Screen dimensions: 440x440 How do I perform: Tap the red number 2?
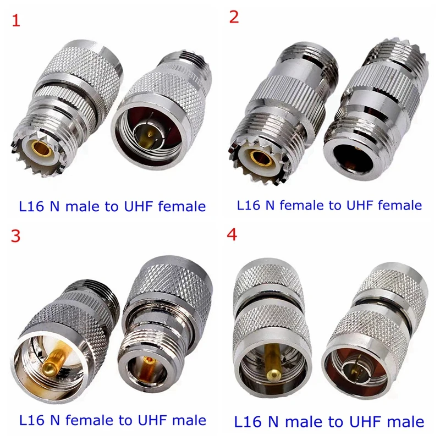[x=234, y=16]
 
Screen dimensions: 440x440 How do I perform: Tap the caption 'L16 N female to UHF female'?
[x=329, y=205]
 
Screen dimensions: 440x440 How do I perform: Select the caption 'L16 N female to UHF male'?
[x=113, y=421]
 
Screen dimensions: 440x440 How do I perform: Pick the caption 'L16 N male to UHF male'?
[x=329, y=422]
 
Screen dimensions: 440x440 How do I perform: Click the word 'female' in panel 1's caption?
[x=179, y=206]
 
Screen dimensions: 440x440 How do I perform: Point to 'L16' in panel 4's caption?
[x=249, y=422]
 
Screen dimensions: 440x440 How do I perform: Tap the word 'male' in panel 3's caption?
[x=188, y=421]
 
